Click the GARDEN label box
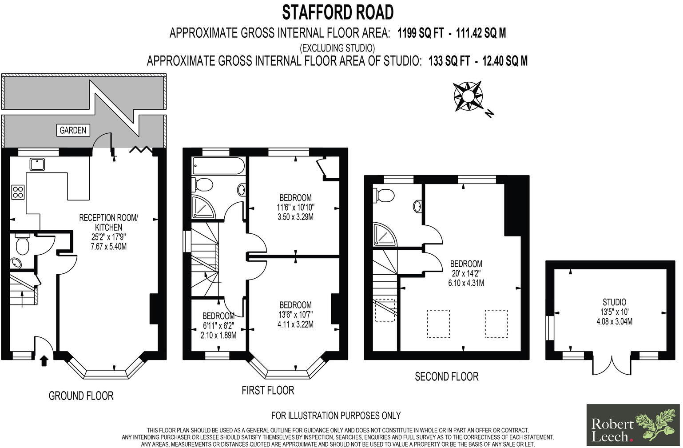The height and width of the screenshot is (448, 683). pos(73,130)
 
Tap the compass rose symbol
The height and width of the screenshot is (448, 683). pos(468,96)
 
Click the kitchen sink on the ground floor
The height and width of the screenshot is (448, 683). pos(37,164)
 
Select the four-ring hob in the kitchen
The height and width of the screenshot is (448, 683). pos(18,192)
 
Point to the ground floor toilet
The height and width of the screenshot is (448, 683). pos(21,244)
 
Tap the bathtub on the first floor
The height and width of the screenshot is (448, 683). pos(218,167)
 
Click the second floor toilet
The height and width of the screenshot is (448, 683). pos(385,195)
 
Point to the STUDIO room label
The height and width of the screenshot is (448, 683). pos(614,302)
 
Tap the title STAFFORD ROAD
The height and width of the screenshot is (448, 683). pos(338,12)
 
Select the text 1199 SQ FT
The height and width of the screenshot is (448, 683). pos(420,33)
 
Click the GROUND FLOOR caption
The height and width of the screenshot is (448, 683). pos(81,396)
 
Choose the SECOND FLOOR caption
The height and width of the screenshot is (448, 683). pos(446,377)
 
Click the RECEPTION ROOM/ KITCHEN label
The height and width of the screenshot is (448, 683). pos(108,222)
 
